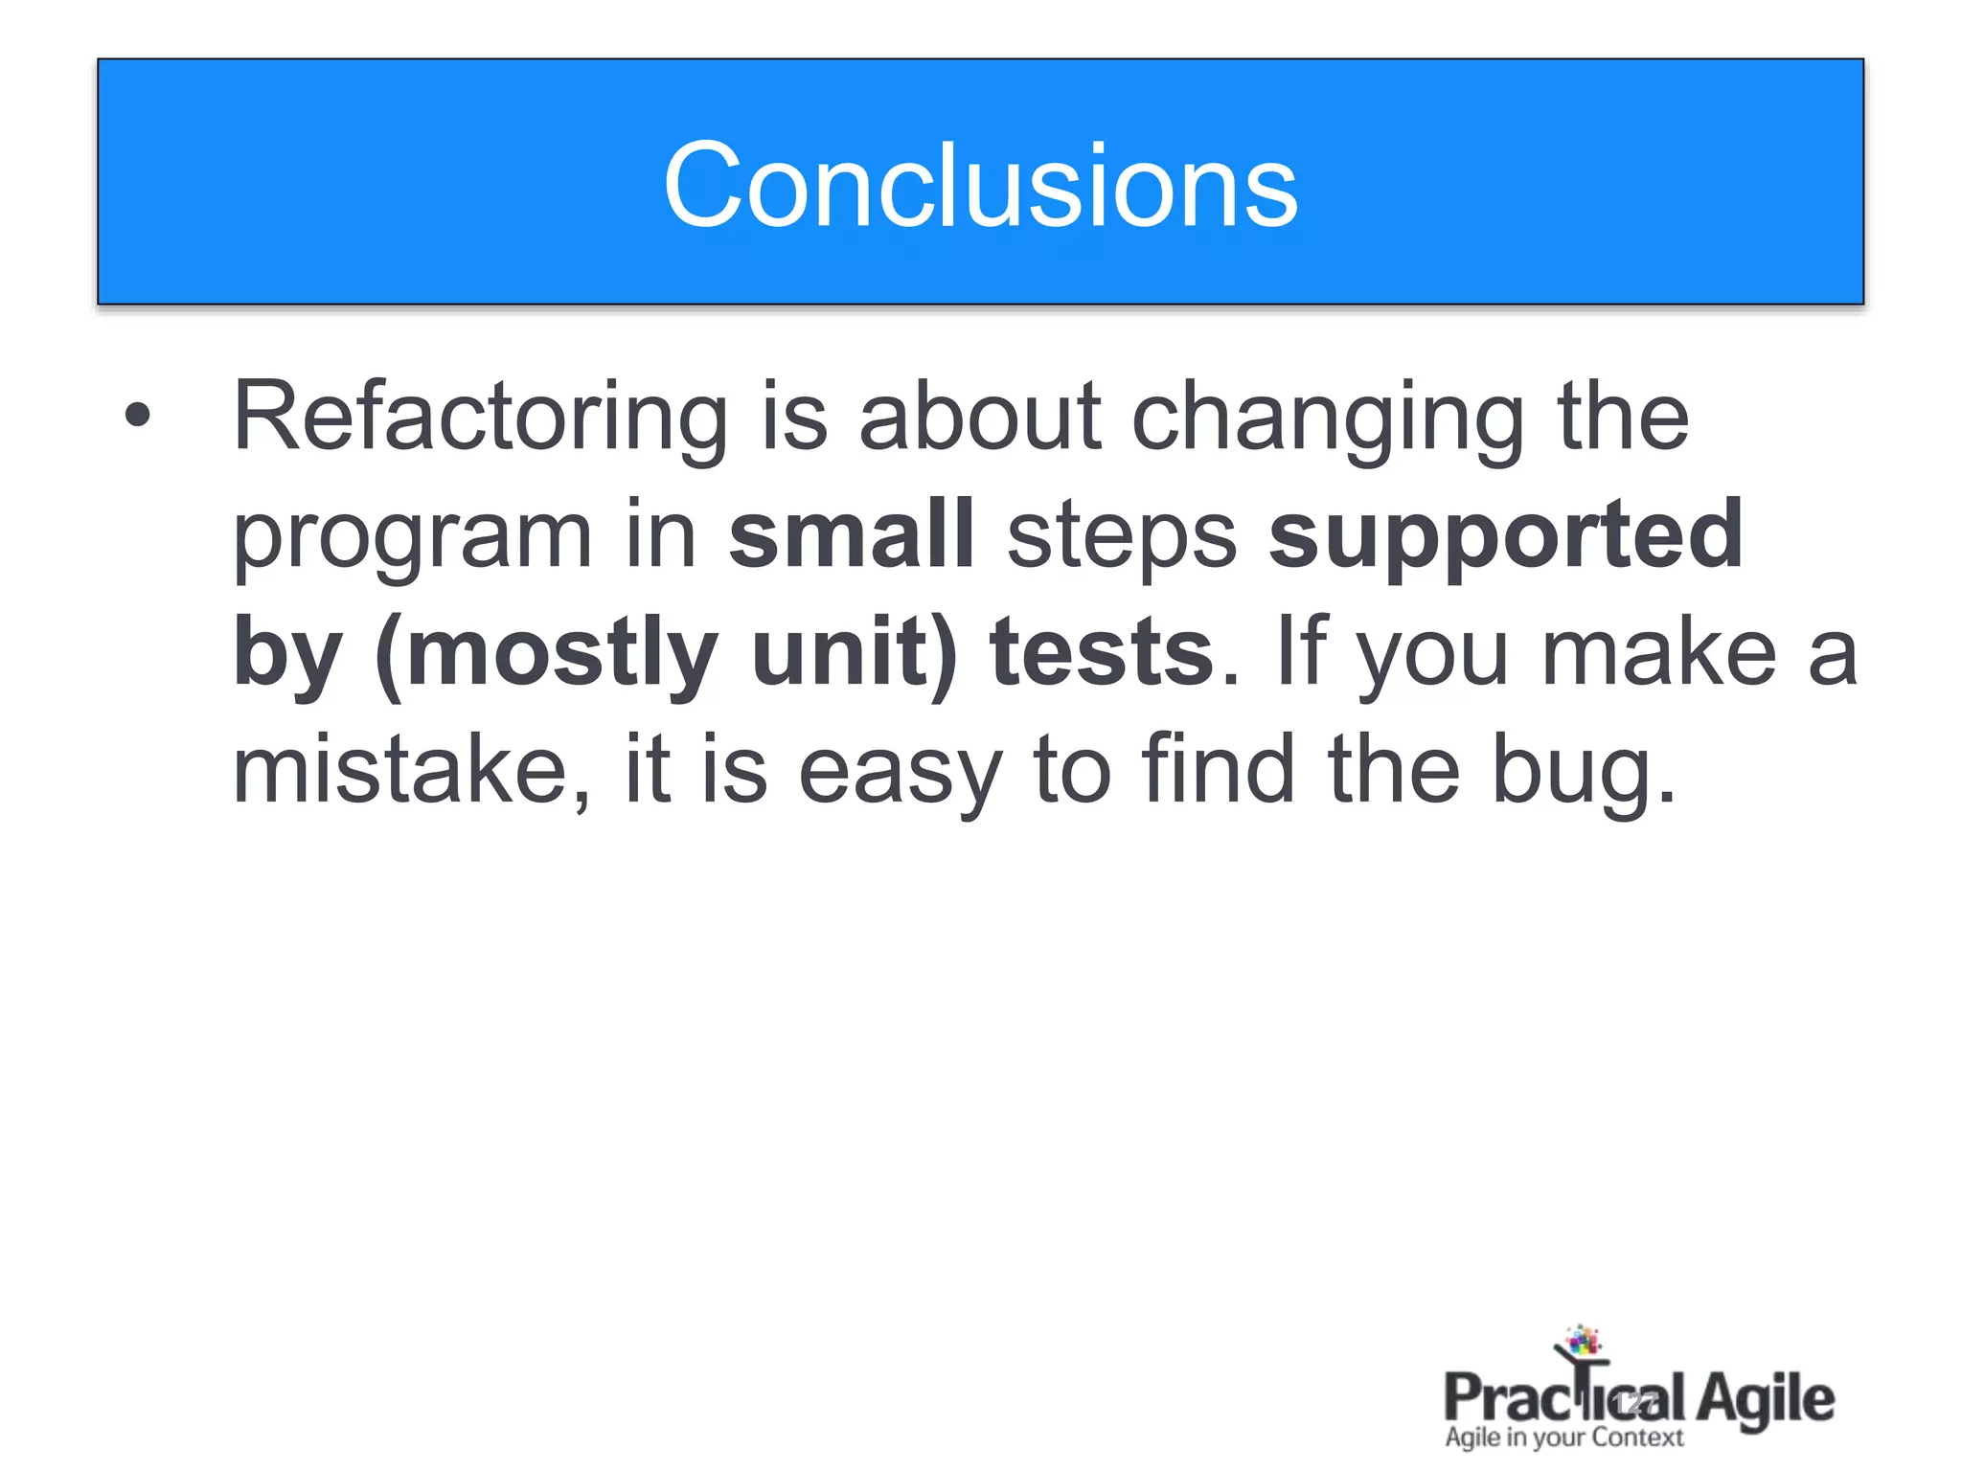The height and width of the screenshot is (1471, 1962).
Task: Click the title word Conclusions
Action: click(x=980, y=185)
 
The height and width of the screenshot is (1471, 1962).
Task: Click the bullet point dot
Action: click(x=138, y=415)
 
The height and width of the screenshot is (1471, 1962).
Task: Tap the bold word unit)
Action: click(x=855, y=653)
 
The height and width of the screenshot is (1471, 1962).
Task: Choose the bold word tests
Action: click(x=1103, y=653)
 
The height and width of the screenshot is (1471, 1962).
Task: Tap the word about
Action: click(x=980, y=417)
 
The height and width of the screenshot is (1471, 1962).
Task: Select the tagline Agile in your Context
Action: click(x=1563, y=1437)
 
